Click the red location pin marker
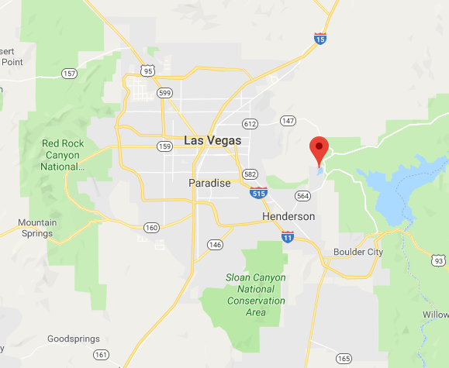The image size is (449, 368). [x=319, y=147]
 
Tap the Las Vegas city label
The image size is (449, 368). [x=213, y=140]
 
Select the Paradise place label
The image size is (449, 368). [x=209, y=183]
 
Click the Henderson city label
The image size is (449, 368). [x=288, y=216]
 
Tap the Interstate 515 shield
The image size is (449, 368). [x=257, y=191]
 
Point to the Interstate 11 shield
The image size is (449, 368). [x=288, y=236]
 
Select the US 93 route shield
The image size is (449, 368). [x=439, y=263]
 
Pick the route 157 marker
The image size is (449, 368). [x=69, y=74]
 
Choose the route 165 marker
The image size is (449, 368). [x=344, y=358]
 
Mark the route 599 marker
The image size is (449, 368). [x=165, y=92]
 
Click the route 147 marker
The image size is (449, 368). [x=288, y=121]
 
